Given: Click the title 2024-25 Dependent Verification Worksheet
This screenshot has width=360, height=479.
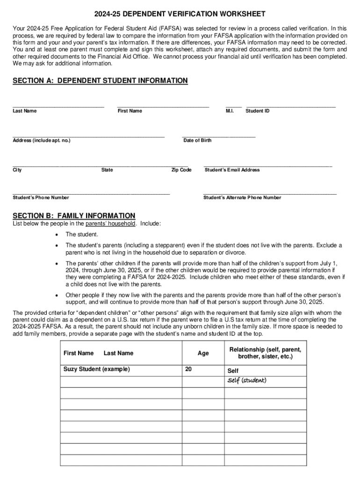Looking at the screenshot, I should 180,14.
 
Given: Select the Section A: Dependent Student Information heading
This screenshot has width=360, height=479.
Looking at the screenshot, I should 100,81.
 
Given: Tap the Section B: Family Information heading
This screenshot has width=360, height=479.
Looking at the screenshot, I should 74,216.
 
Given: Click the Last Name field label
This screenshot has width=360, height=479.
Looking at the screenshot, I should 24,111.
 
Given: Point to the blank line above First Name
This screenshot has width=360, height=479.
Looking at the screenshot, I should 163,107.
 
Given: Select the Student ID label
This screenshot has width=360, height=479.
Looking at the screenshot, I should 258,111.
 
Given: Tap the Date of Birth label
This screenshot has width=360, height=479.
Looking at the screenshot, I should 197,140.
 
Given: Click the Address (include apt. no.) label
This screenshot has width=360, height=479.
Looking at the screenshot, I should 42,140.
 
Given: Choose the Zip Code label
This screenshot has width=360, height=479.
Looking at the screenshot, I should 181,170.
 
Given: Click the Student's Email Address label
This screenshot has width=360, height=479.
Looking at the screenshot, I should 232,170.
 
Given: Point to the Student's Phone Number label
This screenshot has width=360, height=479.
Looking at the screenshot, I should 41,197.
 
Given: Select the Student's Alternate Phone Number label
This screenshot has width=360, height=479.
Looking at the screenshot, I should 242,197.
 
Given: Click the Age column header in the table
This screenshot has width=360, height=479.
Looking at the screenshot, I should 203,353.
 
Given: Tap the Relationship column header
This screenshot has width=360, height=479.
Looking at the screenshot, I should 265,353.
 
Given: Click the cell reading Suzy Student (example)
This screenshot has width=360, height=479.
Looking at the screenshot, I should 97,369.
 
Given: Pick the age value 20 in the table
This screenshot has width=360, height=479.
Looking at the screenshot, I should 188,369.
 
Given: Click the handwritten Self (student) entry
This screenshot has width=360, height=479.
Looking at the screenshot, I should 247,380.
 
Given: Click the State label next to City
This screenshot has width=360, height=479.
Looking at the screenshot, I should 107,170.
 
